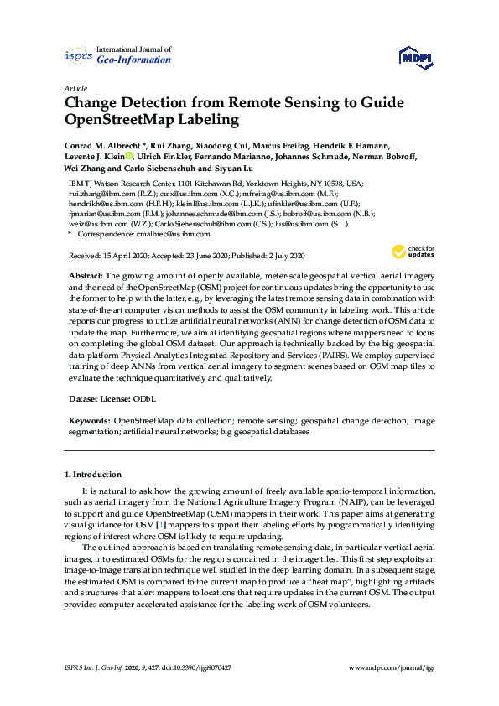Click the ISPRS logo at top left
[x=78, y=55]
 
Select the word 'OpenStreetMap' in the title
[x=130, y=120]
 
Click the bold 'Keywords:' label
[x=89, y=418]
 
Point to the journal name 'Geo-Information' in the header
[x=134, y=60]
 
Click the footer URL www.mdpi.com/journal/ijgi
[x=391, y=667]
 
